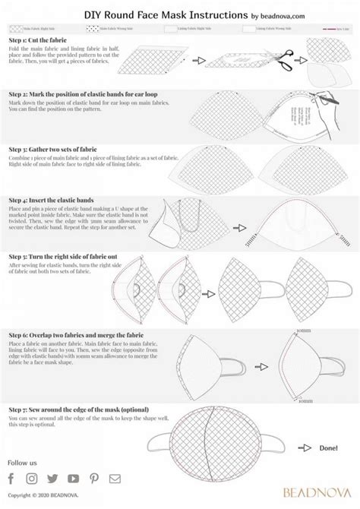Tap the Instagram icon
click(32, 478)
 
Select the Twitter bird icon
click(52, 478)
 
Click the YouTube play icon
click(73, 478)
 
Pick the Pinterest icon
click(94, 478)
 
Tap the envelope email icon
click(115, 478)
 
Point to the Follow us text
click(22, 462)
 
